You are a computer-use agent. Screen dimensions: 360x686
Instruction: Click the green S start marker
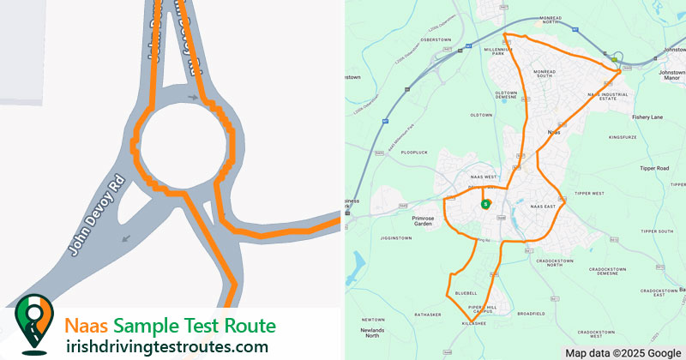pos(485,204)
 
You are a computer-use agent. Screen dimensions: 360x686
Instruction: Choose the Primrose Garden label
pos(430,220)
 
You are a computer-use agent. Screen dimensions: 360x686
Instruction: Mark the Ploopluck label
pos(413,152)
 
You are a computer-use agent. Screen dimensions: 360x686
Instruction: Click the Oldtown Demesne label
pos(507,95)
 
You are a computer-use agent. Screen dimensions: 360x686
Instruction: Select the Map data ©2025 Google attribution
pos(623,352)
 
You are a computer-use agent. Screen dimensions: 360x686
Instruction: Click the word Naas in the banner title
pos(87,326)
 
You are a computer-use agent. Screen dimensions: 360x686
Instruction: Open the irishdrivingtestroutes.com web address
pos(166,346)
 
